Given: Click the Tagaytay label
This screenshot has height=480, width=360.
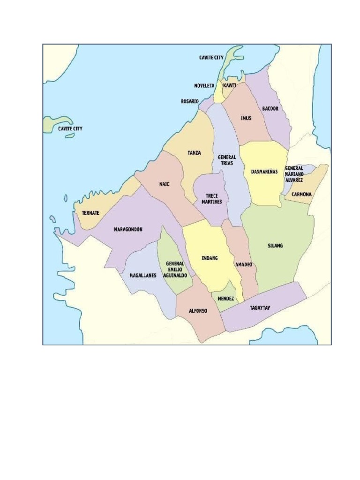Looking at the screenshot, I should tap(260, 307).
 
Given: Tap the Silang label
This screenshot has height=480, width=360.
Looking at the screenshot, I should tap(275, 246).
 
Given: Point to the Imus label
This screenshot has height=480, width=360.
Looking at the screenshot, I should tap(246, 118).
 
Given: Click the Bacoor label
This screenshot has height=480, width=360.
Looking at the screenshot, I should tap(270, 108).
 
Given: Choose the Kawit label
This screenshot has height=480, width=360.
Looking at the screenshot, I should tap(230, 86).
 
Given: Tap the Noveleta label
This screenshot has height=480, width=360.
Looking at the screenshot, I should tap(204, 86).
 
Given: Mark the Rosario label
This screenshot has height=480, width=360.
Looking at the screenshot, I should tap(190, 101).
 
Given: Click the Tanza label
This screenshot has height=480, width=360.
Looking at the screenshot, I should tap(194, 153).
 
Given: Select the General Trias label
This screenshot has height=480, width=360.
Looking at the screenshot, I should tap(227, 160).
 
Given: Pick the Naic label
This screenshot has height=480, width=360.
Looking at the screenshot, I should tap(164, 184).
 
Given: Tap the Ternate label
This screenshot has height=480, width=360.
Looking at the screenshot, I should tap(90, 212).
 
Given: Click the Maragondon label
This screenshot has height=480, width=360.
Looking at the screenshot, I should tap(128, 229).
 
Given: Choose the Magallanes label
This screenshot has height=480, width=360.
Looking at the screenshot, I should tap(142, 276).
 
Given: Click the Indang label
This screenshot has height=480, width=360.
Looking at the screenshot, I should tap(210, 258).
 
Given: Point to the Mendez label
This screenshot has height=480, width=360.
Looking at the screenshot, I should tap(226, 298).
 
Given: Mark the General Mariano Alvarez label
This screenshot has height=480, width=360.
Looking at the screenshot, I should tap(294, 174).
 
